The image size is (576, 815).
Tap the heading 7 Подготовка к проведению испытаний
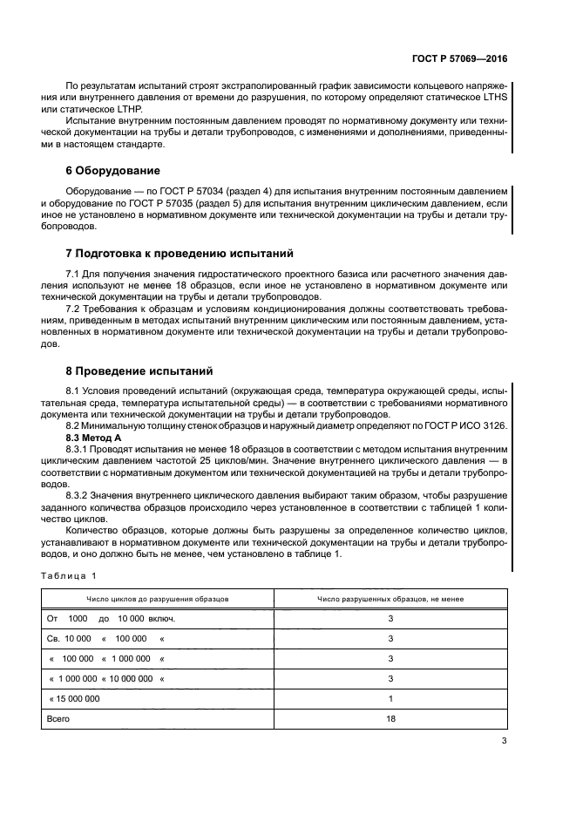(179, 253)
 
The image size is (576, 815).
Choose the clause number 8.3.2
(79, 494)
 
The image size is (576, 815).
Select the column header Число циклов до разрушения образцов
(157, 599)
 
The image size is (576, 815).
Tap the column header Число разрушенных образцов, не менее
(390, 599)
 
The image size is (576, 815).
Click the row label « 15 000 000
(75, 698)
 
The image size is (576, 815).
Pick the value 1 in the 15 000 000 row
(390, 698)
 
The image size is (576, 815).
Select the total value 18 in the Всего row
(390, 719)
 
